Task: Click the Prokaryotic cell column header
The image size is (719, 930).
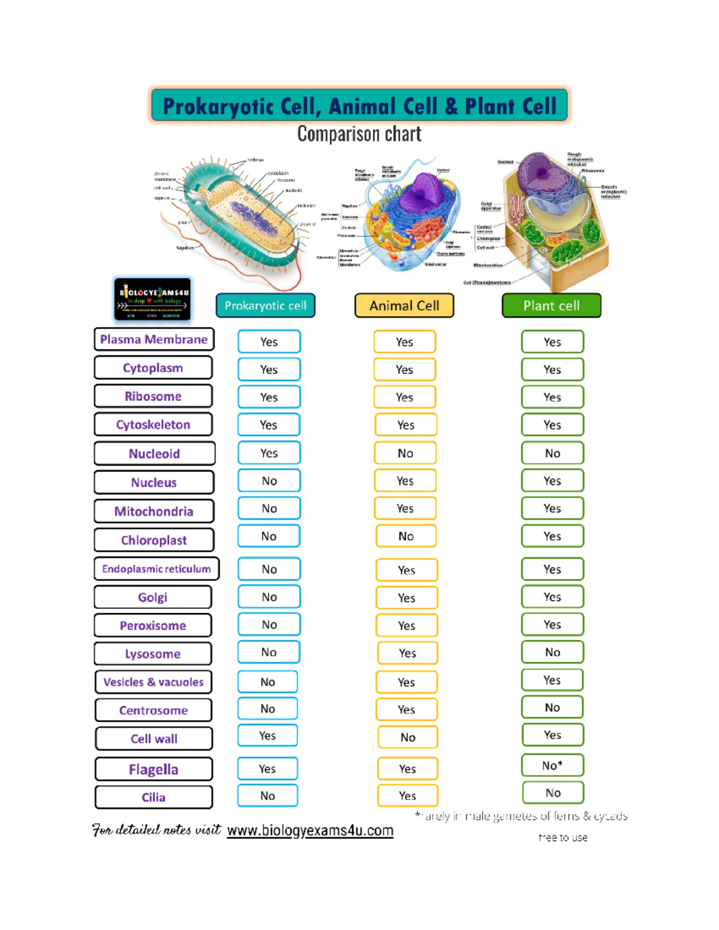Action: tap(265, 305)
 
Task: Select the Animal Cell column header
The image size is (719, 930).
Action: tap(404, 305)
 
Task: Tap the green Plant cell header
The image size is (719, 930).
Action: tap(551, 305)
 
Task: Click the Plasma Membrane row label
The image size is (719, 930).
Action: tap(154, 340)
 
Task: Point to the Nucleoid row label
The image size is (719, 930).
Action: tap(154, 453)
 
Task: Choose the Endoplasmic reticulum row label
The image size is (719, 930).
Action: tap(156, 569)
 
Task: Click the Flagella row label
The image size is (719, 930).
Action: tap(153, 769)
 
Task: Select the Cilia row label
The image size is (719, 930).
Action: tap(153, 797)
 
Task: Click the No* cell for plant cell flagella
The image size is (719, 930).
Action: tap(552, 765)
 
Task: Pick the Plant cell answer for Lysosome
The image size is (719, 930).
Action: tap(552, 652)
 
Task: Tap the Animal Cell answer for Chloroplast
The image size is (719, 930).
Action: tap(406, 536)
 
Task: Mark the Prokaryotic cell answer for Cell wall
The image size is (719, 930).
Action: tap(268, 735)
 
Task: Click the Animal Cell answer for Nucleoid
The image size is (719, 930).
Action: tap(405, 453)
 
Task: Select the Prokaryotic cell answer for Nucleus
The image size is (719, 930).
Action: tap(269, 481)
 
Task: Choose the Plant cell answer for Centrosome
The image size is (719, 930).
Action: tap(552, 707)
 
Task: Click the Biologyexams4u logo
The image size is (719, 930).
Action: tap(153, 299)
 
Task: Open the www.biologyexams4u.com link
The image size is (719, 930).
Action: tap(310, 831)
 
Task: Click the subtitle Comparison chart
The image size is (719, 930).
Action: tap(359, 134)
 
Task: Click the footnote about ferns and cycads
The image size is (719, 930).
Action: tap(521, 816)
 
